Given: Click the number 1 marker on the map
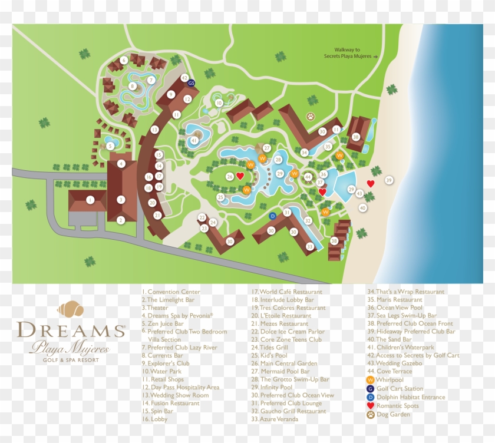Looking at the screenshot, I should pos(90,200).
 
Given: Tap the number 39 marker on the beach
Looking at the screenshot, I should pos(388,180).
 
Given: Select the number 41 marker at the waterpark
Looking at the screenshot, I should pos(194,141).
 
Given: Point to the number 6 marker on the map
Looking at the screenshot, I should pos(124,60).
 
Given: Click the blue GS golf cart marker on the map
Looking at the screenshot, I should pos(191,84).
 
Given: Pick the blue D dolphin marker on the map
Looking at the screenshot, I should pos(272,216).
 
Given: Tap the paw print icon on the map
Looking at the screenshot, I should pos(311,117).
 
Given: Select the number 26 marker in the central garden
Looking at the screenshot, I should pos(230,176).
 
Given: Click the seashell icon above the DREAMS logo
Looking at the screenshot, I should pos(71,309).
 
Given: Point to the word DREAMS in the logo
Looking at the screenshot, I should pos(71,330).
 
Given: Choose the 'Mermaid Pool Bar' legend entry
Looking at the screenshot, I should pos(285,372).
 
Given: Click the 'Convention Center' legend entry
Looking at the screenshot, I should pos(171,292).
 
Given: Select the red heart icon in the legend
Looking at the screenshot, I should pos(370,406).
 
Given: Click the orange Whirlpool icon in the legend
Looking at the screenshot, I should pos(370,380).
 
